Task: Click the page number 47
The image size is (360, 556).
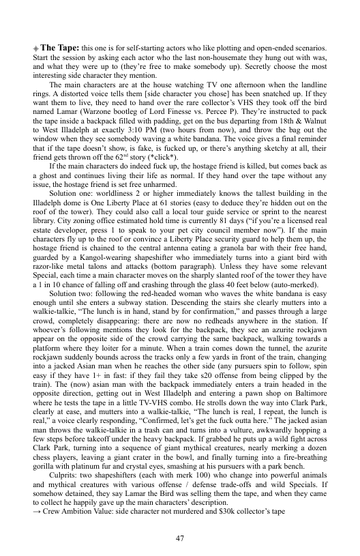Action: click(x=180, y=521)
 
